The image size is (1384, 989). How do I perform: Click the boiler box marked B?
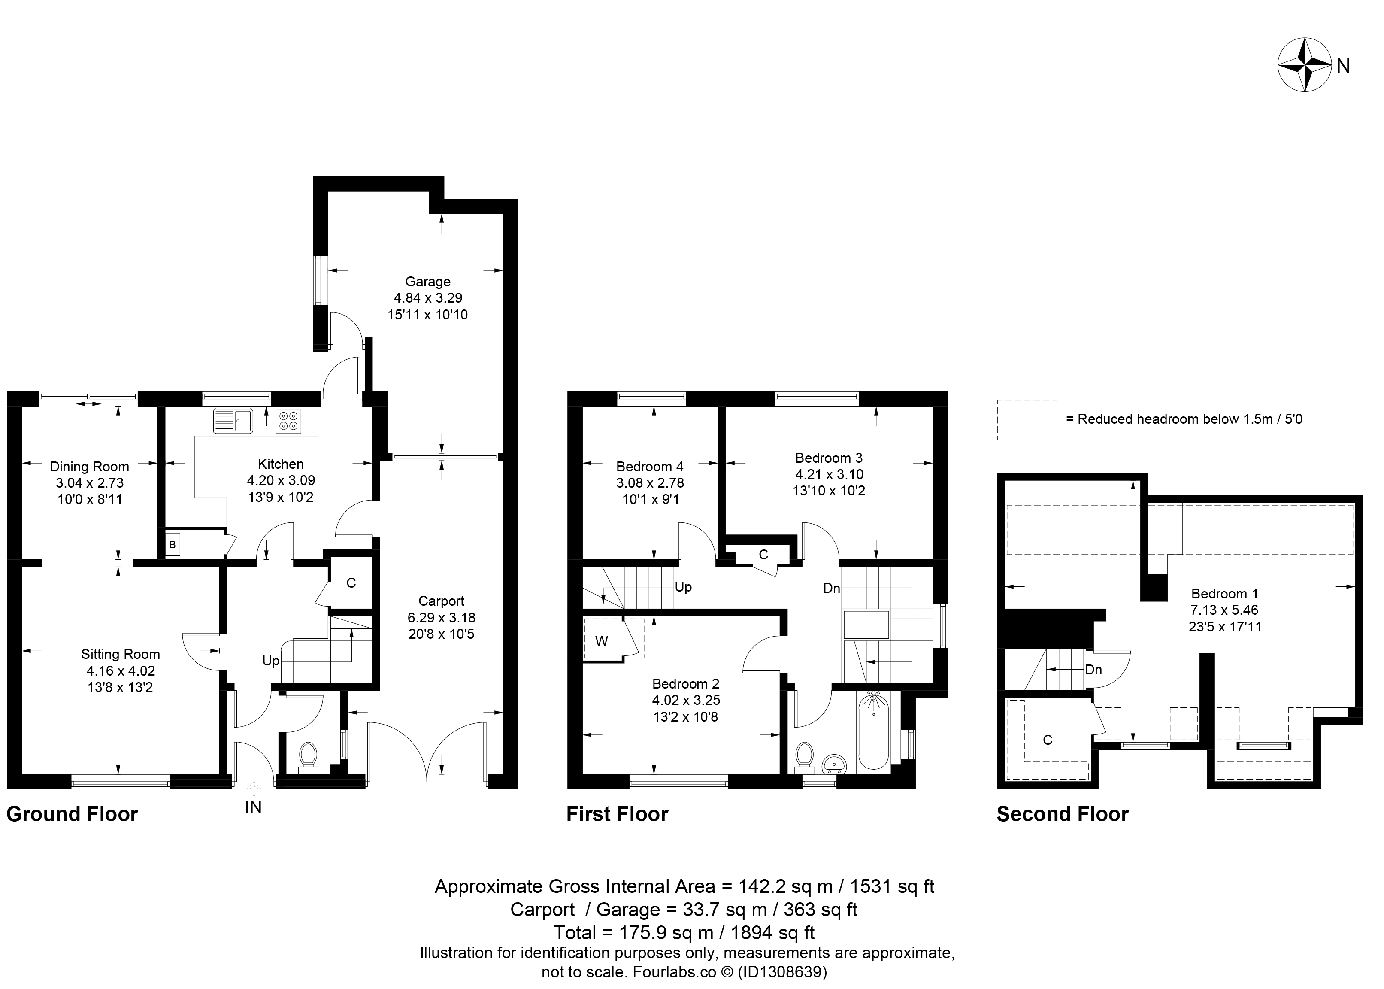(173, 544)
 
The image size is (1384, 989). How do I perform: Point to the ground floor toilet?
(308, 757)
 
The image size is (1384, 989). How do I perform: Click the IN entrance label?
(253, 807)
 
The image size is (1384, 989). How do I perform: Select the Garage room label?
(428, 281)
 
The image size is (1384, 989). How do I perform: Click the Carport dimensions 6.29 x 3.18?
(442, 617)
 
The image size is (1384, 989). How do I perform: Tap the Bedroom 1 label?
(1224, 593)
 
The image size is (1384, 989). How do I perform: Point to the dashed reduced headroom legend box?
(1027, 419)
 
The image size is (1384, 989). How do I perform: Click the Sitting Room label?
(121, 654)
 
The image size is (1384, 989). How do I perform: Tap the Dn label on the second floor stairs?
(1093, 670)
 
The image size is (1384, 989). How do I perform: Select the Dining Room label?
(90, 467)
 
